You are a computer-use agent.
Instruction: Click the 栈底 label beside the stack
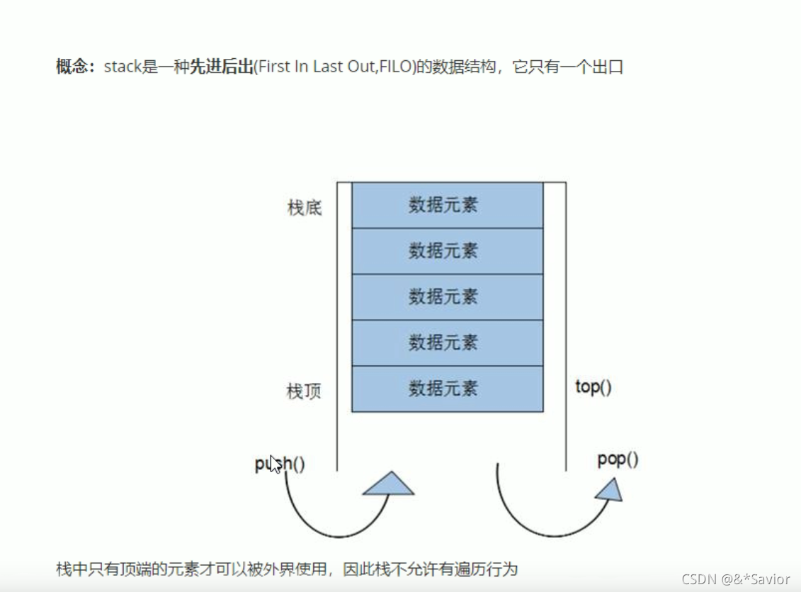305,208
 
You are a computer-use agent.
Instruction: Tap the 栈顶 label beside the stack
305,391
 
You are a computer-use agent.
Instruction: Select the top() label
593,387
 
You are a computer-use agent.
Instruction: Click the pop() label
618,459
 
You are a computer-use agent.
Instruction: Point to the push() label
280,464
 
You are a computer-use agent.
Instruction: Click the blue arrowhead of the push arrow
389,484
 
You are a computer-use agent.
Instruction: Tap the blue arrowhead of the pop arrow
610,488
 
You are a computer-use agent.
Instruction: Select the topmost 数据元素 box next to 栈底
447,205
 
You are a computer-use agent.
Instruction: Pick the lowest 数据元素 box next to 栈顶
447,389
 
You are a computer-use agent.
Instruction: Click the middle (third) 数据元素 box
447,297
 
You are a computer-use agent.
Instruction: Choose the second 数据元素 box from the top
447,251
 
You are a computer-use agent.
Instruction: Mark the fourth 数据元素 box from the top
447,343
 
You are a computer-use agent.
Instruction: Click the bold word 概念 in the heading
73,67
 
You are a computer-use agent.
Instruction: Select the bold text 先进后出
222,67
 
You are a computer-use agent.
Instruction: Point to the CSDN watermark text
736,579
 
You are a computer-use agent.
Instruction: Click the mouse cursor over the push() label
276,464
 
